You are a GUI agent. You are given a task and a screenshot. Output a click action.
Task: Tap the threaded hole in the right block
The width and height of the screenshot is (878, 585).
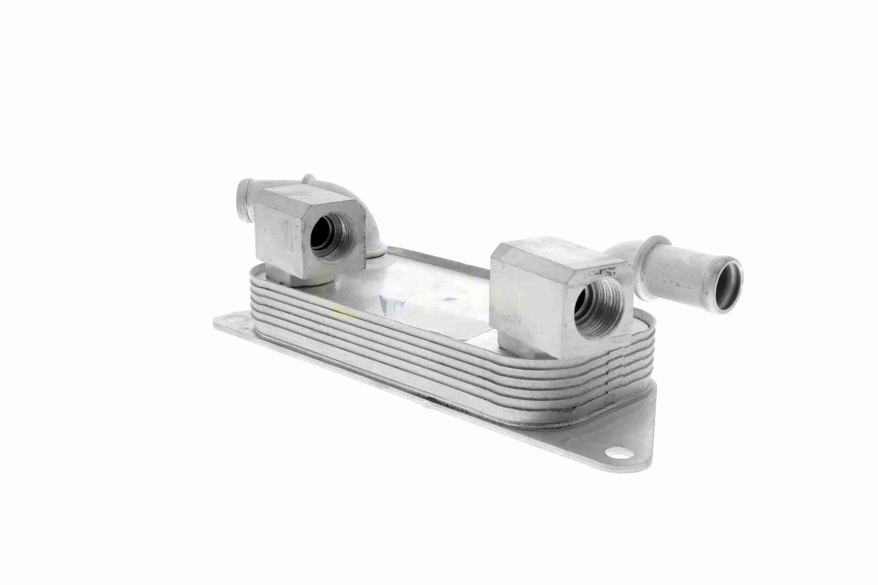click(598, 308)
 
